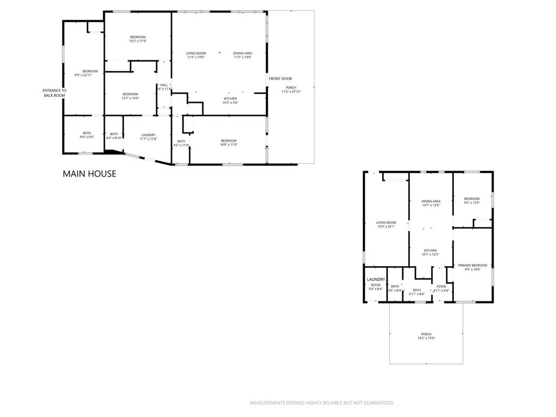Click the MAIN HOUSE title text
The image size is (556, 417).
89,174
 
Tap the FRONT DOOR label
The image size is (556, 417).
280,79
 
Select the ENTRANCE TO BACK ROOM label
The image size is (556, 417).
54,93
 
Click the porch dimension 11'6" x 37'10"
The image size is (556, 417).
290,92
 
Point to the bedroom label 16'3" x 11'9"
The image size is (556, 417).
137,39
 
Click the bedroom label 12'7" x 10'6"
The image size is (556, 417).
130,96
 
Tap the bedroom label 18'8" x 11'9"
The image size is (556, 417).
228,143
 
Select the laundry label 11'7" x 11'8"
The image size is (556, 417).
148,137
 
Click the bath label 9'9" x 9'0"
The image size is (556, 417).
87,135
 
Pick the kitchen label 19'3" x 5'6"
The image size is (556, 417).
230,100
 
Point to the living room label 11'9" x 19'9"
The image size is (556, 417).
196,55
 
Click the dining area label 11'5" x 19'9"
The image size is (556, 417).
243,55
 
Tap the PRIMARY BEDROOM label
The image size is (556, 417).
472,267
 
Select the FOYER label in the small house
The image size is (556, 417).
441,288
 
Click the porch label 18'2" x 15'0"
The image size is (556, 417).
426,336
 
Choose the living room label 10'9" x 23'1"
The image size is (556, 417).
387,224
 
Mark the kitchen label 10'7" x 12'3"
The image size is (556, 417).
430,252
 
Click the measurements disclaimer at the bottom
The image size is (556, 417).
321,403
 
